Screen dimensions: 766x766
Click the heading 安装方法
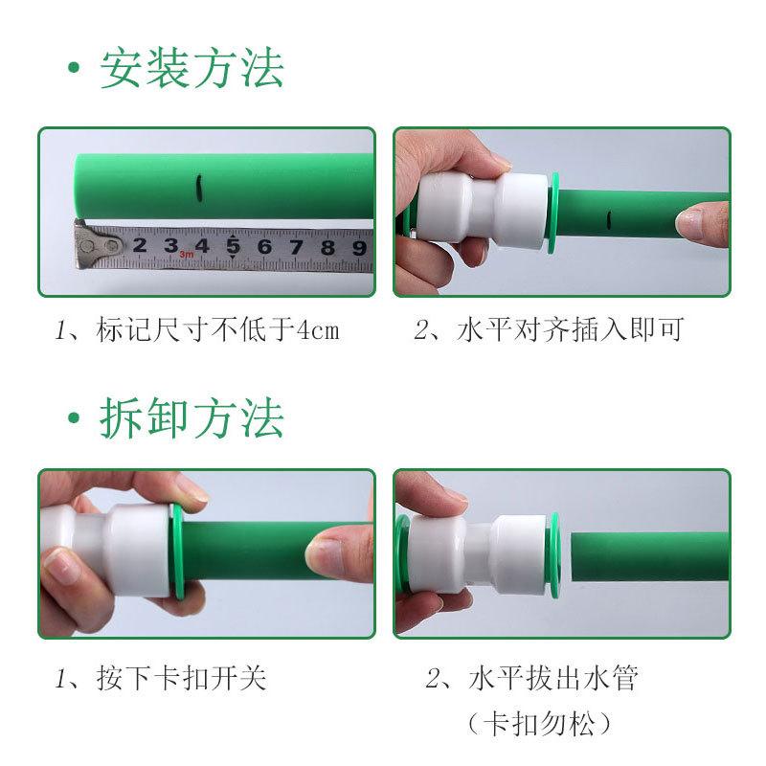tap(191, 70)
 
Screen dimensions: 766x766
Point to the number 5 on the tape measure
tap(233, 247)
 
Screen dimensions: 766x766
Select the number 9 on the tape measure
tap(358, 248)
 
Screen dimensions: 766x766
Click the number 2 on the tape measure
tap(140, 247)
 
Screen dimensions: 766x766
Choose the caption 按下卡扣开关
tap(181, 679)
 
